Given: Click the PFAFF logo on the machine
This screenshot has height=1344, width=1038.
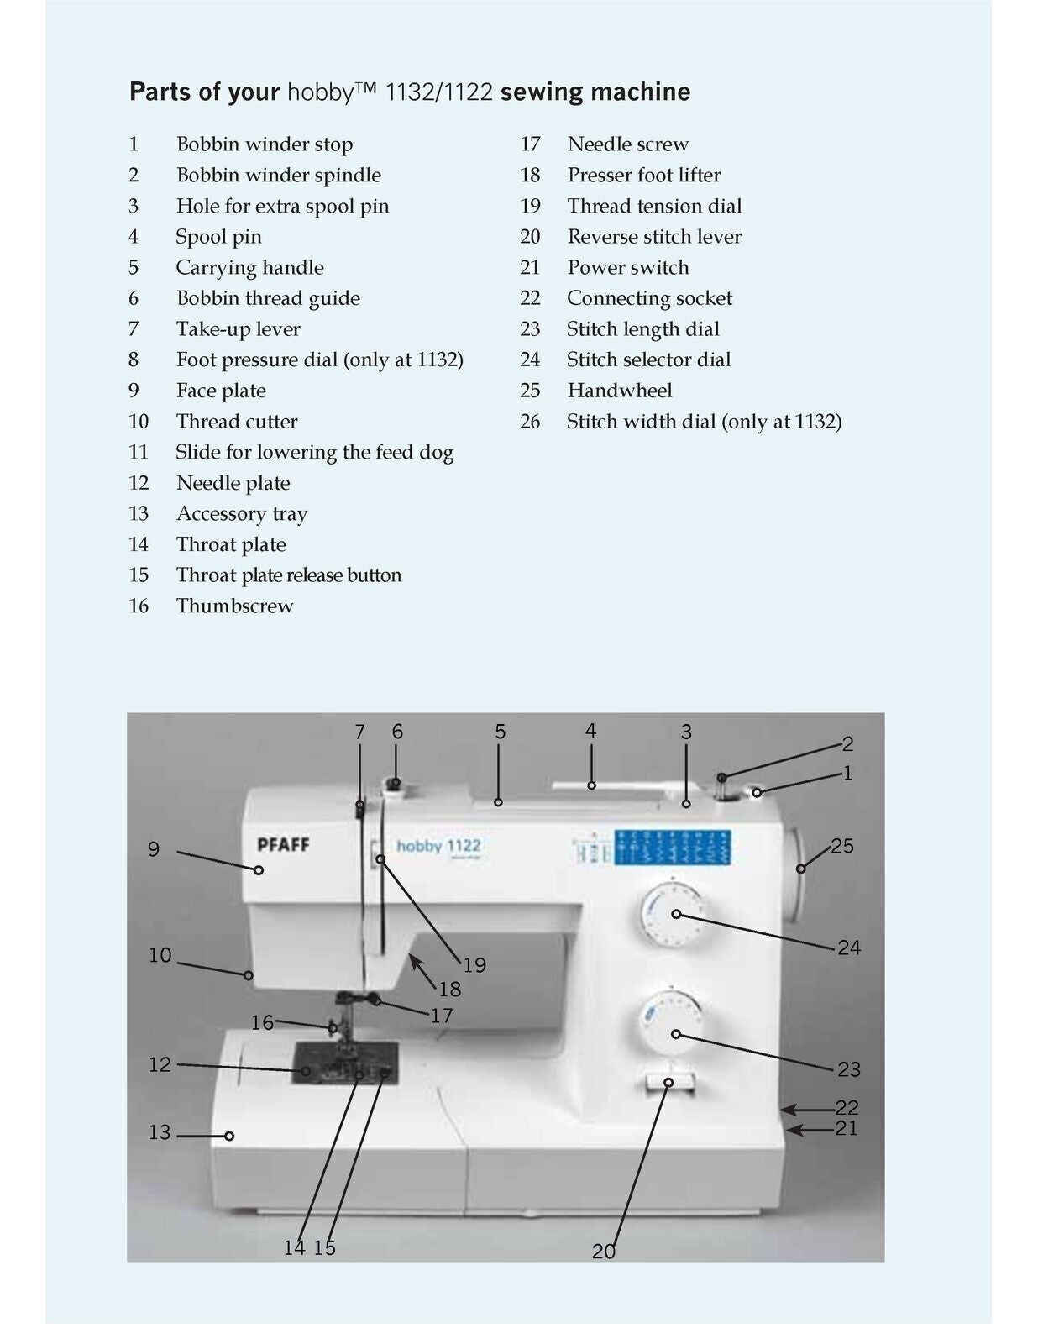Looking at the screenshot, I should click(283, 844).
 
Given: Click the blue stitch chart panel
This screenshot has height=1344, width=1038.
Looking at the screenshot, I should click(672, 848).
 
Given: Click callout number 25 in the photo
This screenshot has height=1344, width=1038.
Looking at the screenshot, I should click(841, 846).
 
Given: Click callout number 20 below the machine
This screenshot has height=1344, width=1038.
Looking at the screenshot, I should click(604, 1252).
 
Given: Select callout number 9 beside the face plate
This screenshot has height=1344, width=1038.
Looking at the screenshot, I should click(154, 849).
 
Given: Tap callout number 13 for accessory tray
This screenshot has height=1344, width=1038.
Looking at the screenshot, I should click(160, 1132).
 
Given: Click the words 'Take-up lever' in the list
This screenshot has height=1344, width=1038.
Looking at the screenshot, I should click(238, 329).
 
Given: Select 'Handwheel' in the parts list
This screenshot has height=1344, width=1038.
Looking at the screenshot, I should click(619, 391).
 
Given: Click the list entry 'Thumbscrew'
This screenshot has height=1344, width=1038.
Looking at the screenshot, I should click(234, 606).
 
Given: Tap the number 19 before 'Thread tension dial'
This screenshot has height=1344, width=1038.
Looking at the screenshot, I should click(530, 206).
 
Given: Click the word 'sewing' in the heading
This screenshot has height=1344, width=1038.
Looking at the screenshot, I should click(534, 92).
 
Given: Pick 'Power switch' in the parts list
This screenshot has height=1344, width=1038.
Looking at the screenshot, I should click(627, 268).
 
